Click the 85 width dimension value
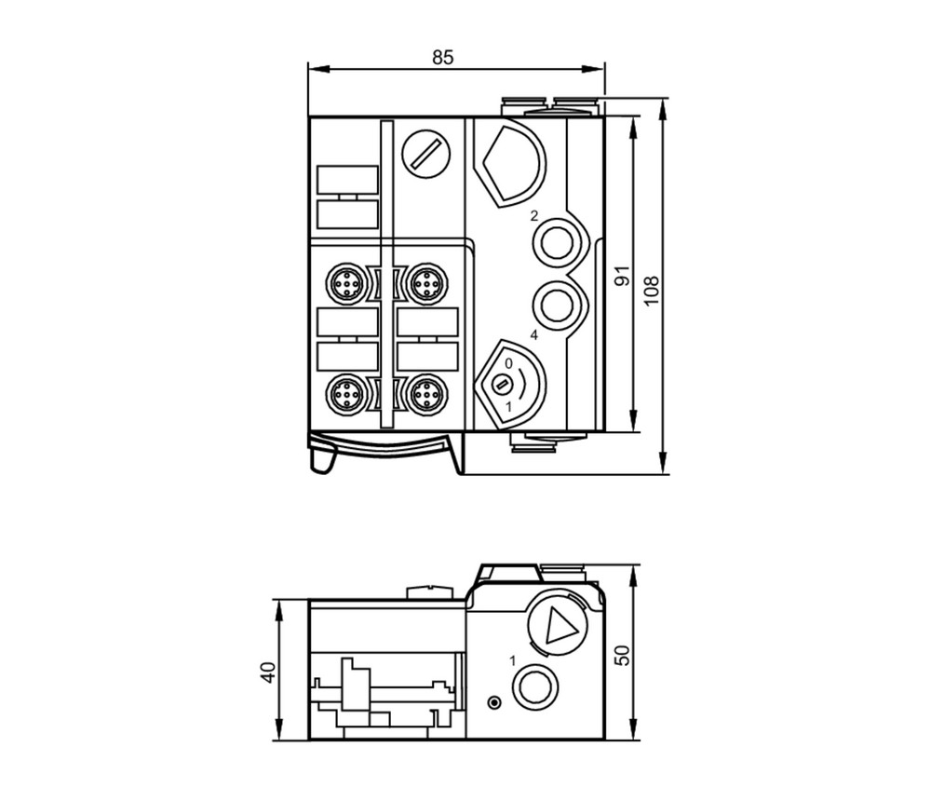[x=442, y=57]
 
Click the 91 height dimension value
[x=622, y=276]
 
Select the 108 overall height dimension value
[x=652, y=291]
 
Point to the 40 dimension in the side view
[x=268, y=673]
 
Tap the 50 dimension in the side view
[x=622, y=655]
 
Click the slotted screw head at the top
[x=425, y=154]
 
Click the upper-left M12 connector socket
[x=345, y=284]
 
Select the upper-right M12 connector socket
[x=427, y=284]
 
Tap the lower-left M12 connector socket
[x=345, y=394]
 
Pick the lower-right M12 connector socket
[x=427, y=394]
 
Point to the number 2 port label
[x=533, y=215]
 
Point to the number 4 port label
[x=533, y=335]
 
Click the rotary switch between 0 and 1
[x=503, y=385]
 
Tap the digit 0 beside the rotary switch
[x=508, y=363]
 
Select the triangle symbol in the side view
[x=557, y=625]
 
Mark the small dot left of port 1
[x=494, y=703]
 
